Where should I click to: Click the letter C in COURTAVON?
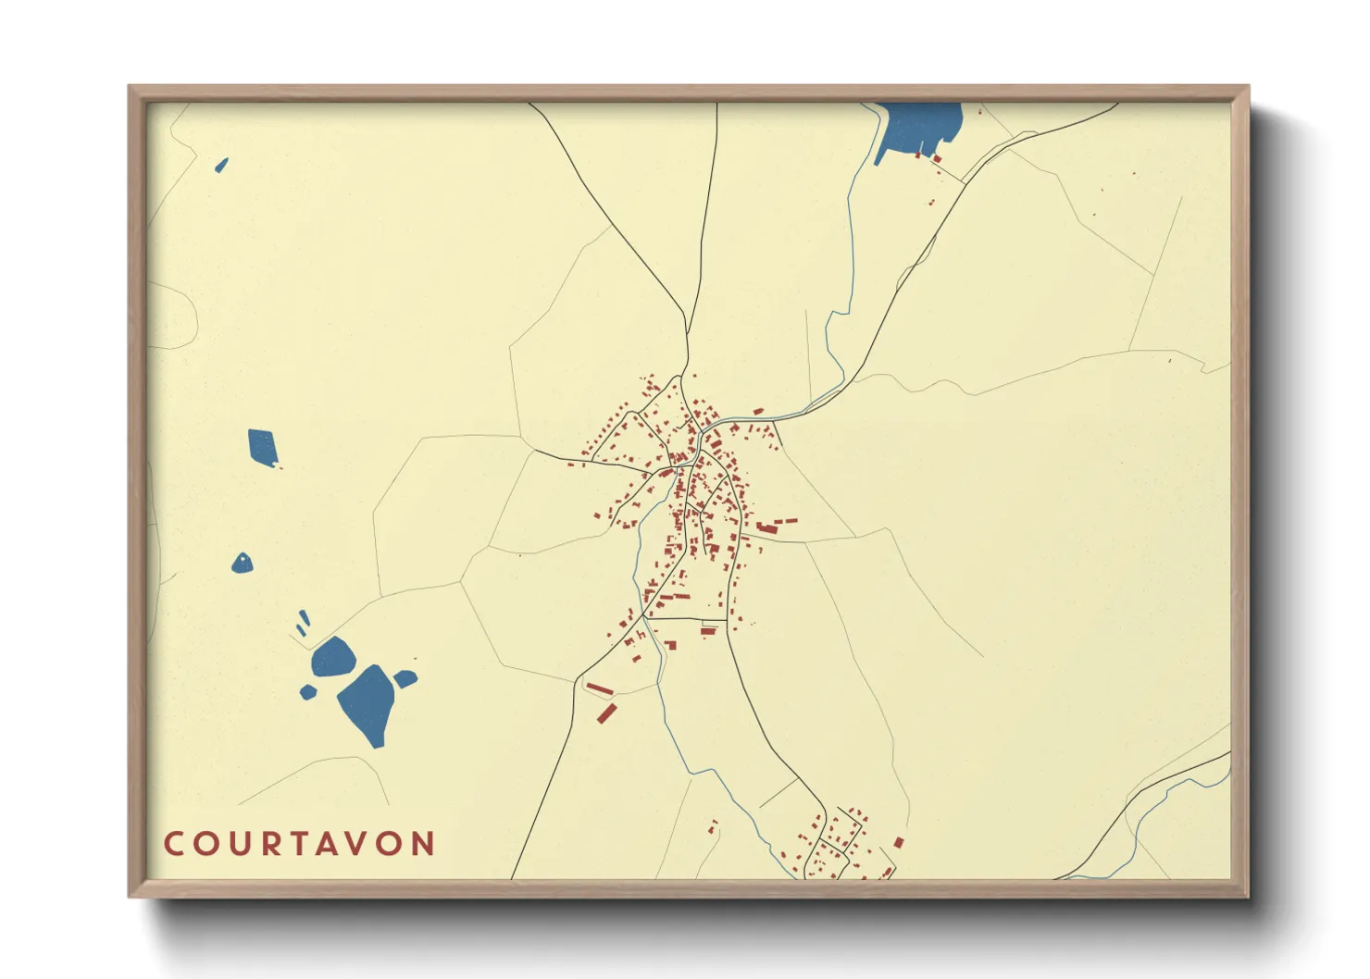point(173,844)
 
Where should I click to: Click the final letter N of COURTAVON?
point(423,844)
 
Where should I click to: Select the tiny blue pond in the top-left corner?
point(221,166)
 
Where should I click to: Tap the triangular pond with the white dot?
point(242,564)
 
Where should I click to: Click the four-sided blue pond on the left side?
point(262,447)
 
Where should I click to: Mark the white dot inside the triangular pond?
point(243,559)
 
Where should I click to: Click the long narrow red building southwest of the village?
point(600,689)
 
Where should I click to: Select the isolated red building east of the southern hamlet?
point(898,842)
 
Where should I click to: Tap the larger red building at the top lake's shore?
point(937,159)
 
